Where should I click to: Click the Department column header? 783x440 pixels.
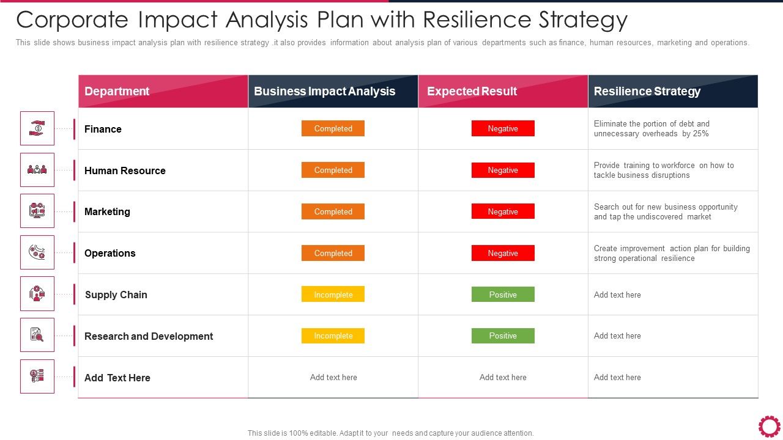point(117,92)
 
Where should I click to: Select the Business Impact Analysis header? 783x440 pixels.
point(324,92)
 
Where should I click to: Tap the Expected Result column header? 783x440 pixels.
point(472,92)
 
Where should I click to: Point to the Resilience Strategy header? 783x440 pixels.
point(647,92)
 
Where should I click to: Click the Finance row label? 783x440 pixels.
point(103,129)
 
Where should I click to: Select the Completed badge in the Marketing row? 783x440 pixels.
point(333,211)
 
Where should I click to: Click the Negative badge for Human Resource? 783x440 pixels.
point(503,170)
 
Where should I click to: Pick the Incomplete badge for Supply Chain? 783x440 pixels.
point(333,295)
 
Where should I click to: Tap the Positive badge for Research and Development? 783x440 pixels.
point(503,335)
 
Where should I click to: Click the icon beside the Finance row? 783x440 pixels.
point(37,128)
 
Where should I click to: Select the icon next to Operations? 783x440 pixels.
point(37,252)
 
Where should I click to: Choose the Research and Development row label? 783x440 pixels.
point(149,336)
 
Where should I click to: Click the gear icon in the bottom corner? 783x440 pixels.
point(769,426)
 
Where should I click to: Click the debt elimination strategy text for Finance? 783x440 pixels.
point(651,128)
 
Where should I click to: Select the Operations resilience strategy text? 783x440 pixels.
point(671,253)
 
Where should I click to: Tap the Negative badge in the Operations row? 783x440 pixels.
point(503,253)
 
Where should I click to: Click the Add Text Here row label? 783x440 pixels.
point(117,378)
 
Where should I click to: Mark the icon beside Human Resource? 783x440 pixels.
point(37,170)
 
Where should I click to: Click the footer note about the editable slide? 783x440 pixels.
point(390,433)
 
